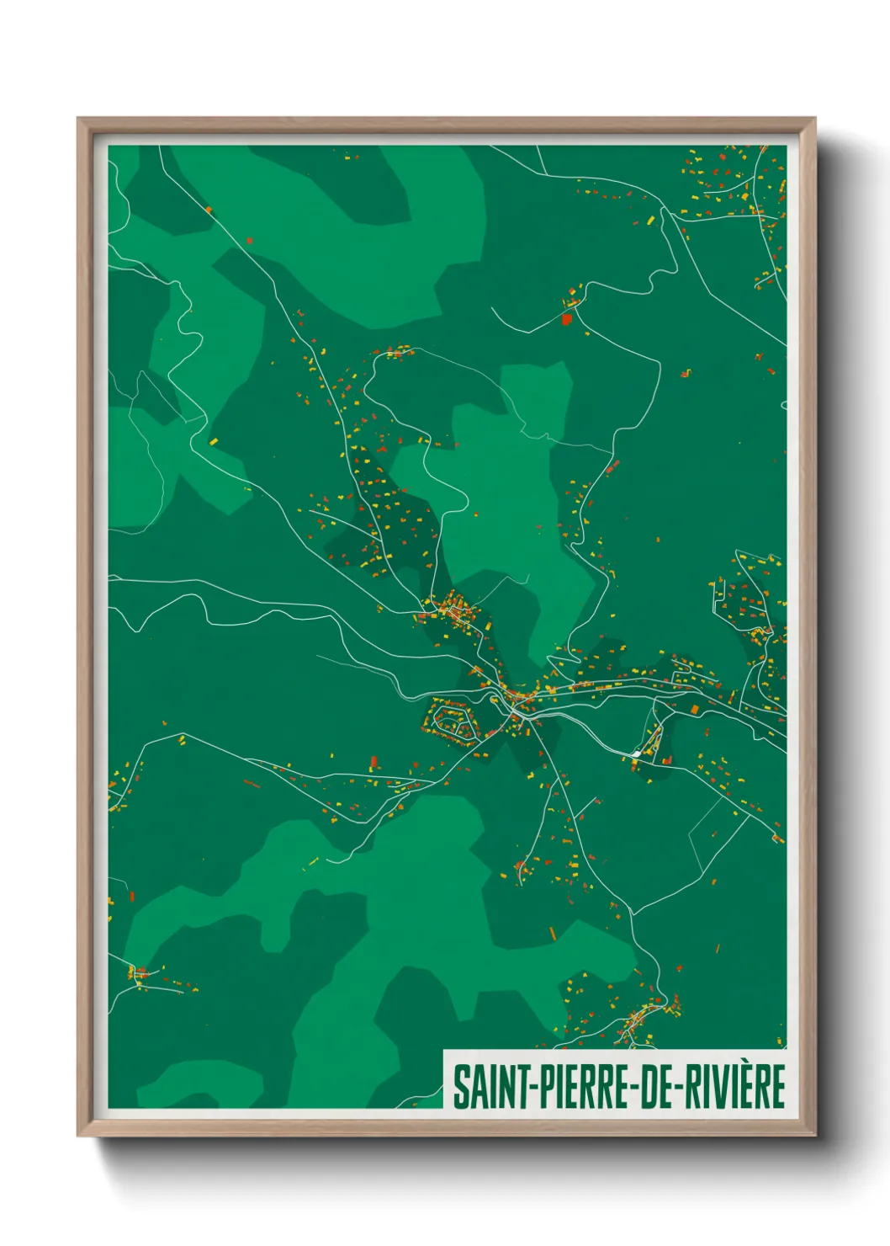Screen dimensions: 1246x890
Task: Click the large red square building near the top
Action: [x=566, y=319]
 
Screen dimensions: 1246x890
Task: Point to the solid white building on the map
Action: [x=638, y=752]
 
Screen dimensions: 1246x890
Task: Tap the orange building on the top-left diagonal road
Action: [x=209, y=210]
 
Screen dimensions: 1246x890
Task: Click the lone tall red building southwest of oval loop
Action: [x=373, y=763]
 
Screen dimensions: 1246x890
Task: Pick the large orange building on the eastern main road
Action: [x=695, y=709]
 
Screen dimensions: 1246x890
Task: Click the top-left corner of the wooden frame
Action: [x=78, y=119]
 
